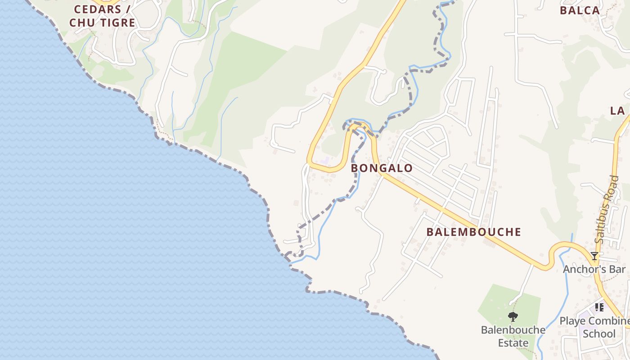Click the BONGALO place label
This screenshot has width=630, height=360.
coord(382,168)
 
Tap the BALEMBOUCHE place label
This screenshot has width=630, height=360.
coord(473,232)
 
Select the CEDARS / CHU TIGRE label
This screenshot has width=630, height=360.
coord(102,16)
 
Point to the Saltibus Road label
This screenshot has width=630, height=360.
coord(607,209)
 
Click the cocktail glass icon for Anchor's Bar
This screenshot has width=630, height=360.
coord(594,256)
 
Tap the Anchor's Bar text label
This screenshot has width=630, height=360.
coord(594,269)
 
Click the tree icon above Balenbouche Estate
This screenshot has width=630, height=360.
coord(513,317)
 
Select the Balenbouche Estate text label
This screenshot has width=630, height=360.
coord(513,336)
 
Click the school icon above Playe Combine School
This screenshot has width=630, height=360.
coord(599,307)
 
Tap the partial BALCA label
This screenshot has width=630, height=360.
coord(580,10)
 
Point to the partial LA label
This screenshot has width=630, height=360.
coord(617,111)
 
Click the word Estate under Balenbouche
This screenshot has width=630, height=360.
coord(513,343)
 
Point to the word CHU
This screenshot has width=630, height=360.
coord(79,22)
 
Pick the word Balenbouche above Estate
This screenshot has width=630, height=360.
coord(513,330)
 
